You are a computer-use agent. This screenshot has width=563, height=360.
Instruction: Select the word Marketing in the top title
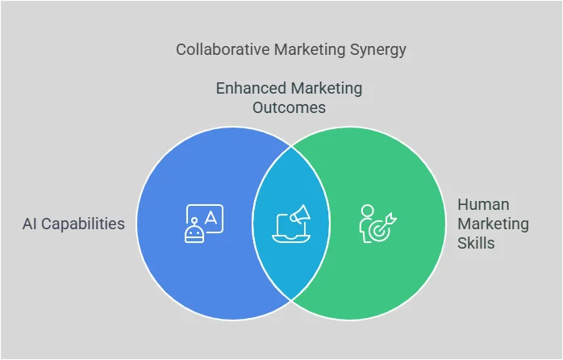[x=307, y=50]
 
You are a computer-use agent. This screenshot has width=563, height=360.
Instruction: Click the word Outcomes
[x=290, y=107]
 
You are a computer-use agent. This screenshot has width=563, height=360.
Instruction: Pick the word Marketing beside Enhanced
[x=327, y=88]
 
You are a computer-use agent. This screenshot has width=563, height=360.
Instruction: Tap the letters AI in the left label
[x=30, y=224]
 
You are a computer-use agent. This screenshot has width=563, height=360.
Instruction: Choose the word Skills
[x=477, y=242]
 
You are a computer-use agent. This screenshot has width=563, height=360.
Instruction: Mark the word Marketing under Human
[x=493, y=224]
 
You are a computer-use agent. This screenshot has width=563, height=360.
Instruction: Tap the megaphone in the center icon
[x=299, y=214]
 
